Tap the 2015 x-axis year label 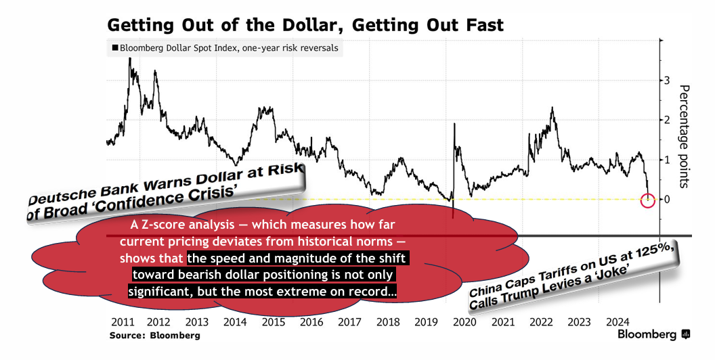coord(273,322)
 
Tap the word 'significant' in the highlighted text coord(160,292)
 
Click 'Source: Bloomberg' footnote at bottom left coord(155,335)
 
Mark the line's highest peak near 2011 coord(130,59)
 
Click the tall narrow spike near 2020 coord(454,125)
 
